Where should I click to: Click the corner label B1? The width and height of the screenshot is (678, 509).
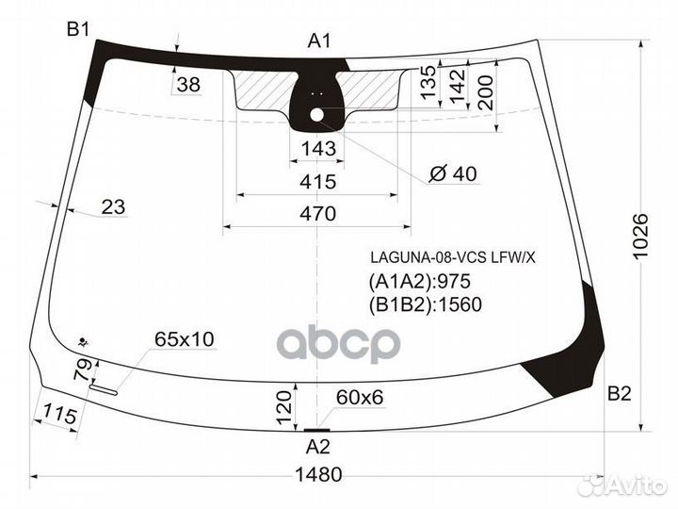pos(78,29)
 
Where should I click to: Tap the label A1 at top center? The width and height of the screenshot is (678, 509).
pos(319,41)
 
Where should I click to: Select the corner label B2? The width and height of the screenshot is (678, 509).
pos(620,394)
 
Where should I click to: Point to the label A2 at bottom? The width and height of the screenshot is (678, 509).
pos(318,447)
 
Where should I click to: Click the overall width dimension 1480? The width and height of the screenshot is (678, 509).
pos(318,475)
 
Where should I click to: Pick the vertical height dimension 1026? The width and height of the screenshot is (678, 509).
pos(640,236)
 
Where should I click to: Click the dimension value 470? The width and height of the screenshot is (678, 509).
pos(318,214)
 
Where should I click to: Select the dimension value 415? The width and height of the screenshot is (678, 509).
pos(318,182)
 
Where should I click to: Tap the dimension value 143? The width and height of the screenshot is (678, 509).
pos(318,149)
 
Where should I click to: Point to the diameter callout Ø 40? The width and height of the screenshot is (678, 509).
pos(453,174)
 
